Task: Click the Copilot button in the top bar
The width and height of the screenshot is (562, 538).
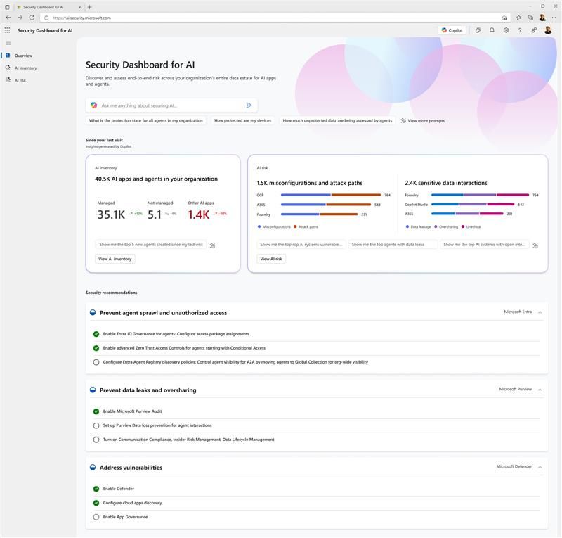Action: point(452,30)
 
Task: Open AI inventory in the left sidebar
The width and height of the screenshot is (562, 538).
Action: point(25,68)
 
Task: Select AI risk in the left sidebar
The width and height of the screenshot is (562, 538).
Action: point(20,80)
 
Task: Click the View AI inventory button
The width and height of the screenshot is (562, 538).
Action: point(115,259)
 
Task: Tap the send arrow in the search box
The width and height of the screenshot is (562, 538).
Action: point(249,105)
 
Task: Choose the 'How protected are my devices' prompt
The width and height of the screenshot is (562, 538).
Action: point(242,121)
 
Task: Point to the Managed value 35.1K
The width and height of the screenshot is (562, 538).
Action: point(111,214)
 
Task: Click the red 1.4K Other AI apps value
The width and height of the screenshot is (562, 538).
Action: point(198,214)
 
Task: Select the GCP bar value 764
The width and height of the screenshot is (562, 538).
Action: point(387,195)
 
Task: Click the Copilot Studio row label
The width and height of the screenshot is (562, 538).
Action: point(416,205)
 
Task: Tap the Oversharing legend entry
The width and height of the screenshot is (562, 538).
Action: point(448,226)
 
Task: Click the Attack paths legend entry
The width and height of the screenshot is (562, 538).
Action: point(308,226)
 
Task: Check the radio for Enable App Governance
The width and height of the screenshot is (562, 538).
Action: point(96,517)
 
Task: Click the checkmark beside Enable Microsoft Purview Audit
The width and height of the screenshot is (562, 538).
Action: point(96,411)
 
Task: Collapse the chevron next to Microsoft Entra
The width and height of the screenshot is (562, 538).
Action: point(540,312)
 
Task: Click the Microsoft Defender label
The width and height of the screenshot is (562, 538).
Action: point(514,466)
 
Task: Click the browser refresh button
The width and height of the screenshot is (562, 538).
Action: point(32,18)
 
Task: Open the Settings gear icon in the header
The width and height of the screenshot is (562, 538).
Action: point(506,30)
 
